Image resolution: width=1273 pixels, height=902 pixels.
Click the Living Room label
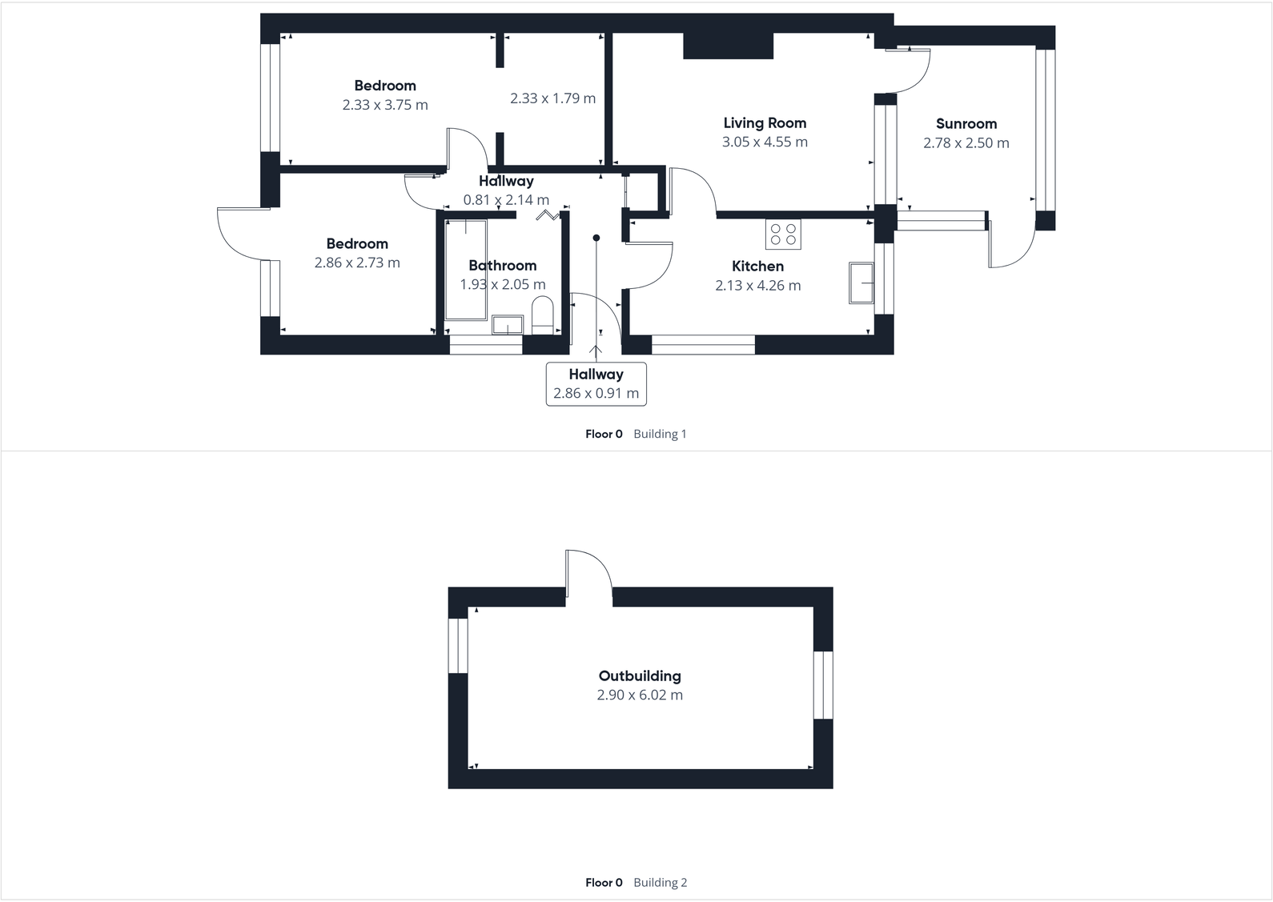tap(765, 122)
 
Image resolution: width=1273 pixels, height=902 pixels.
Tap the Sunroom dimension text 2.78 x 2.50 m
tap(966, 143)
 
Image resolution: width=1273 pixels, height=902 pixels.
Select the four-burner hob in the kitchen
tap(783, 234)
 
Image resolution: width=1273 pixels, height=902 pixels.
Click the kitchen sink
tap(861, 283)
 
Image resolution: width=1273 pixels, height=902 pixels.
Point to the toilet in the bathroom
tap(543, 315)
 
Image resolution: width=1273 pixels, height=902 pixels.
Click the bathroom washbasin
tap(507, 324)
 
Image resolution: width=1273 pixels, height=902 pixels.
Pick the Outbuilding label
tap(640, 675)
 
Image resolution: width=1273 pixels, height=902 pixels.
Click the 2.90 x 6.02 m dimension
tap(640, 695)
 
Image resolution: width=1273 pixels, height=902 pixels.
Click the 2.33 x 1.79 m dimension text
tap(552, 98)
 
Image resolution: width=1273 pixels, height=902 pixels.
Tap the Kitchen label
tap(757, 266)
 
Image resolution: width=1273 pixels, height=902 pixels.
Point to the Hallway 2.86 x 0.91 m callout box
tap(596, 384)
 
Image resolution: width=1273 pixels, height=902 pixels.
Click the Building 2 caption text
tap(660, 882)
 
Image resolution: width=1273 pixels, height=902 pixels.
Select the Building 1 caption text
tap(660, 434)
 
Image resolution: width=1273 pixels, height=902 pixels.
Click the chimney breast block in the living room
tap(728, 46)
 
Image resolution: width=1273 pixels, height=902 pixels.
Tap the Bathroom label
tap(502, 265)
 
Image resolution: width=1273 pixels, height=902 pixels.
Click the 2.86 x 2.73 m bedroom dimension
tap(357, 263)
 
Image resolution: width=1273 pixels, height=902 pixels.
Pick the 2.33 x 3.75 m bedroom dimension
tap(385, 105)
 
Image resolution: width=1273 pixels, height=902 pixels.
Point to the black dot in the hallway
tap(596, 238)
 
